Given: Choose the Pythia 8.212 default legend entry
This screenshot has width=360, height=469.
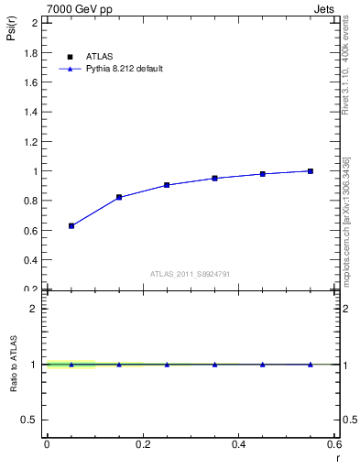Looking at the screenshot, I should tap(124, 69).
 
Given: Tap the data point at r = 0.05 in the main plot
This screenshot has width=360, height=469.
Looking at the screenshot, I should tap(71, 225).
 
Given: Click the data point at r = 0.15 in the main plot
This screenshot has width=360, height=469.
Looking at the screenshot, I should tap(119, 197).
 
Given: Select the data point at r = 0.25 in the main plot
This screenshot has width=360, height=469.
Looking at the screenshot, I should tap(167, 185).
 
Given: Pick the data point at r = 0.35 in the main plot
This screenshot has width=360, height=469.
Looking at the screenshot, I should tap(214, 178).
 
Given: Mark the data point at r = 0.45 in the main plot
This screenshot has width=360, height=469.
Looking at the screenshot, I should tap(263, 173).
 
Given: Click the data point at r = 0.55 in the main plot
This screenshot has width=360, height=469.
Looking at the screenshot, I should tap(311, 170).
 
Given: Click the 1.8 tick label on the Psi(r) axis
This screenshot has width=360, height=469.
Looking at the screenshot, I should tap(30, 53).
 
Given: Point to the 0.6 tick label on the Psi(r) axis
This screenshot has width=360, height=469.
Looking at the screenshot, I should tap(30, 230).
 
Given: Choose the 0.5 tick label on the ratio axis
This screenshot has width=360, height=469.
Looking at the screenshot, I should tap(30, 420).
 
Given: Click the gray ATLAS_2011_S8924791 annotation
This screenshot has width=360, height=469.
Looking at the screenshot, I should tap(189, 273).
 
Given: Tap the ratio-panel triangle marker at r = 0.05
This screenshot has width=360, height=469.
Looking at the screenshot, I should tap(71, 364).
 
